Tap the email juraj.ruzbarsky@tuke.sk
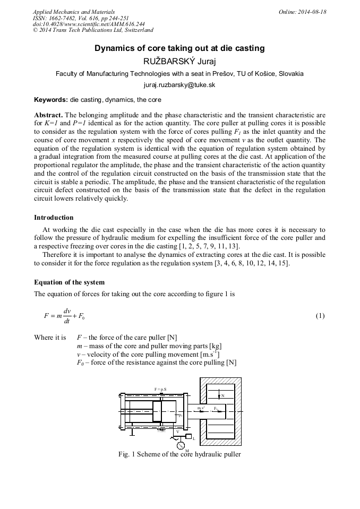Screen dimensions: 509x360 click(179, 85)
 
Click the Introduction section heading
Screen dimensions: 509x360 click(54, 218)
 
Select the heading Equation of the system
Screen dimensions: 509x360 click(69, 282)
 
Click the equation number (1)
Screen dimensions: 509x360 click(320, 316)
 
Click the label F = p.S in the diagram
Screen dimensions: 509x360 click(160, 389)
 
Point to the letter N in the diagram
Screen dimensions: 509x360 click(222, 396)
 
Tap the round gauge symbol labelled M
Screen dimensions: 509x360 click(181, 445)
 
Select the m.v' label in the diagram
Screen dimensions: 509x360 click(201, 408)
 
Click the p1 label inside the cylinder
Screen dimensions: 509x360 click(181, 416)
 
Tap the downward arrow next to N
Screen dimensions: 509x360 click(218, 395)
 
